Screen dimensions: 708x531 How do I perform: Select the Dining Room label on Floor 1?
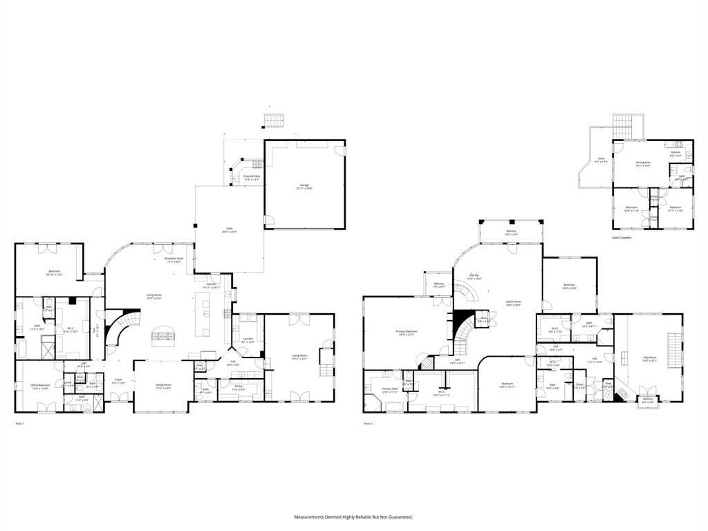[x=163, y=386]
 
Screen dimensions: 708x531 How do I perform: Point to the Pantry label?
[x=238, y=387]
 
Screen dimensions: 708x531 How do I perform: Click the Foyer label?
[x=118, y=380]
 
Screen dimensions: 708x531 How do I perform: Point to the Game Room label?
[x=513, y=303]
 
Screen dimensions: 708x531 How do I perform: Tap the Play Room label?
[x=650, y=359]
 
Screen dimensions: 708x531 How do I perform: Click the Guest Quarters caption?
[x=622, y=237]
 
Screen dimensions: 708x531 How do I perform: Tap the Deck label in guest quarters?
[x=602, y=160]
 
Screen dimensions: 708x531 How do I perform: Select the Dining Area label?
[x=643, y=164]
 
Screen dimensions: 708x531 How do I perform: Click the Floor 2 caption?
[x=368, y=423]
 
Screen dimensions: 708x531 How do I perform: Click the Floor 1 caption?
[x=19, y=423]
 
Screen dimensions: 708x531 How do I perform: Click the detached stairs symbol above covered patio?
[x=273, y=121]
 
